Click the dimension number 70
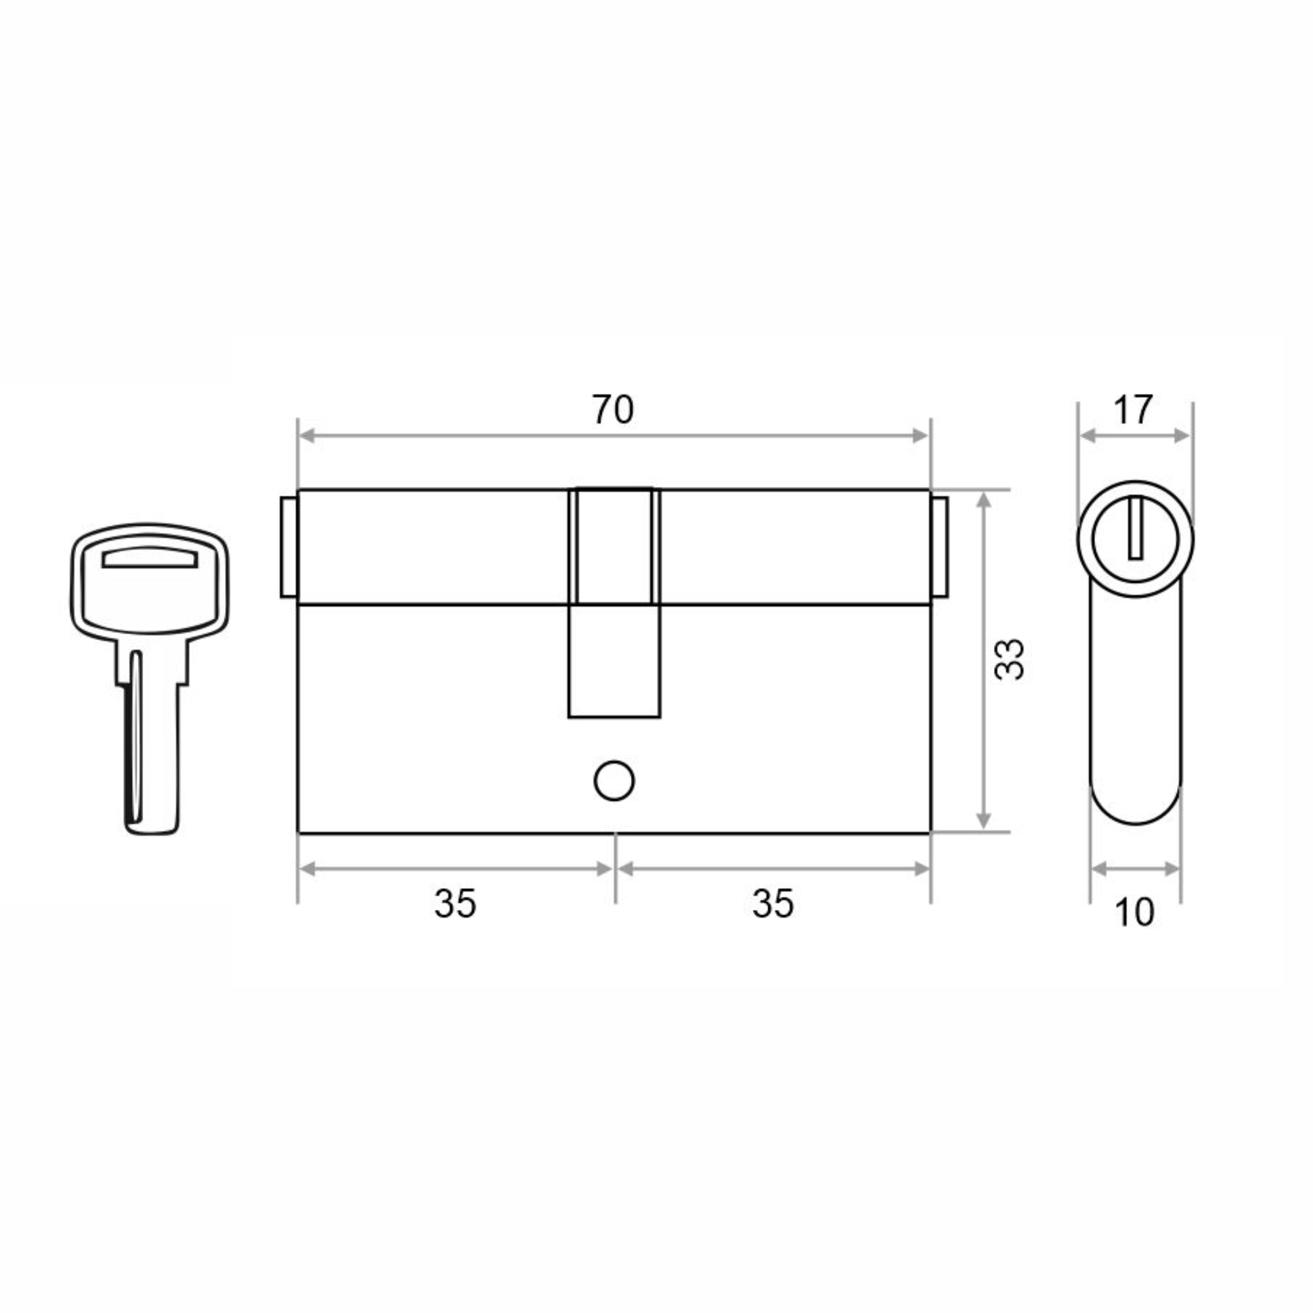[613, 409]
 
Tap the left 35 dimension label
[456, 904]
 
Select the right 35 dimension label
[773, 904]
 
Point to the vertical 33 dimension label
[1008, 658]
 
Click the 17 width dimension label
[1132, 410]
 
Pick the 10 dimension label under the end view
[1134, 913]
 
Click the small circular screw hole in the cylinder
[614, 781]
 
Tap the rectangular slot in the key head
[150, 557]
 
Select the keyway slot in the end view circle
[1135, 528]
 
